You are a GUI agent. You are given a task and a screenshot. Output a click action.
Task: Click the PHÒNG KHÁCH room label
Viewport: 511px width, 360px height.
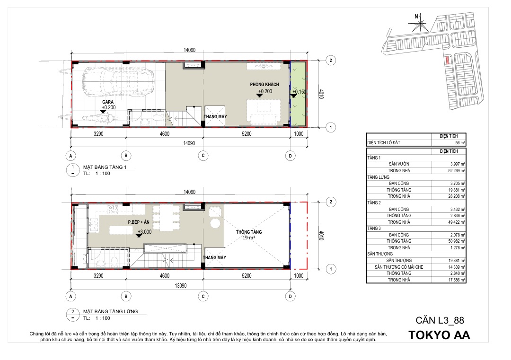pyautogui.click(x=264, y=84)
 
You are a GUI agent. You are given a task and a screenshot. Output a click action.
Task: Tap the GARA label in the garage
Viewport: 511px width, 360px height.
pyautogui.click(x=108, y=102)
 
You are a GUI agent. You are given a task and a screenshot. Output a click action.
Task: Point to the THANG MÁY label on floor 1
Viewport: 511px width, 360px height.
pyautogui.click(x=215, y=117)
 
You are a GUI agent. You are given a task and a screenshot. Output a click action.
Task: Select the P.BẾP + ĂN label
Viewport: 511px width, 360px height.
pyautogui.click(x=139, y=222)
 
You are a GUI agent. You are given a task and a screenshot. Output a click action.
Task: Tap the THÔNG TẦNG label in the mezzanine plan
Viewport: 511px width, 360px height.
pyautogui.click(x=249, y=232)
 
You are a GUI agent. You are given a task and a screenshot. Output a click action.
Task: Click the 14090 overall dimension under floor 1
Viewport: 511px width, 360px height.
pyautogui.click(x=189, y=143)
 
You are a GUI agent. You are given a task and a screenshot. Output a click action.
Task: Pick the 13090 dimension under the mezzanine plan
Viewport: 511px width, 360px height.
pyautogui.click(x=181, y=286)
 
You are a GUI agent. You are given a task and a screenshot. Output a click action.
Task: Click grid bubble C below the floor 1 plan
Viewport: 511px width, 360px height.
pyautogui.click(x=203, y=156)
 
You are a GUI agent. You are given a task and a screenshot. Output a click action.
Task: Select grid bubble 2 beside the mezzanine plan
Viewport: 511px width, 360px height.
pyautogui.click(x=331, y=202)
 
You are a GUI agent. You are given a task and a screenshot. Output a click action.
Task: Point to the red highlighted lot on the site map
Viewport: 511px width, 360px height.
pyautogui.click(x=448, y=60)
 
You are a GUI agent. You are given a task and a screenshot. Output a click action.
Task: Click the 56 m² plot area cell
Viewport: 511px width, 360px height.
pyautogui.click(x=449, y=143)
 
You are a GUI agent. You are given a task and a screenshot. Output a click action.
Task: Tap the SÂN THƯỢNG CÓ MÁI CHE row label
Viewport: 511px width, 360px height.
pyautogui.click(x=399, y=267)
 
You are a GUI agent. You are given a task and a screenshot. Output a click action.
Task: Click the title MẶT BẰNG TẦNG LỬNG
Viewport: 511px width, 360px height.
pyautogui.click(x=110, y=311)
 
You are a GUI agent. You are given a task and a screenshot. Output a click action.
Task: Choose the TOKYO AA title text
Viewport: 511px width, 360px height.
pyautogui.click(x=439, y=335)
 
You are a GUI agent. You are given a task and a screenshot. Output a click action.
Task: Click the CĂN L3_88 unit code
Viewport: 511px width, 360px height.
pyautogui.click(x=440, y=320)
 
